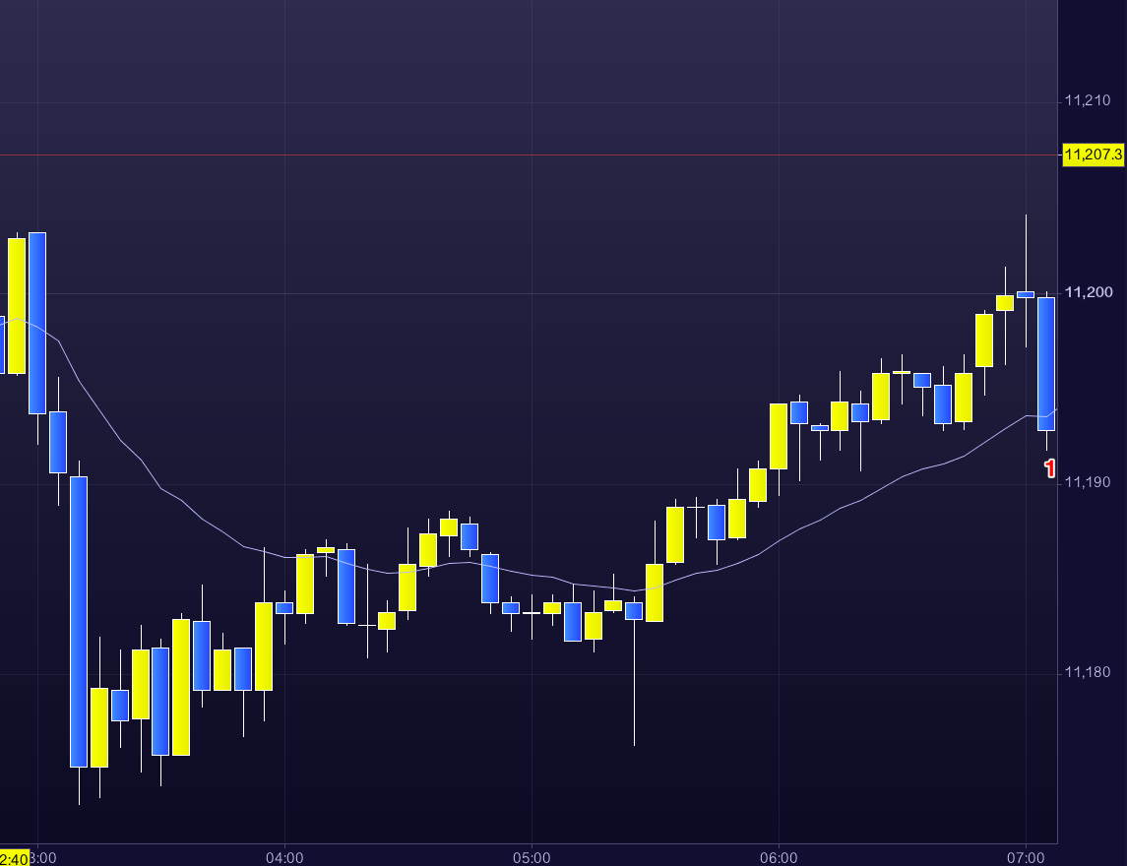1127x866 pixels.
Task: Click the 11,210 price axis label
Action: (1088, 101)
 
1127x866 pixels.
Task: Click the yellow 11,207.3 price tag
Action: (1093, 155)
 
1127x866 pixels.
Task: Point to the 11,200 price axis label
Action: (1088, 292)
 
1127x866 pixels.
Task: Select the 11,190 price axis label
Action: (1088, 482)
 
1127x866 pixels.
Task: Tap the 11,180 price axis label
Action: (1088, 673)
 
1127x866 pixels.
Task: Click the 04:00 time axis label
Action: (284, 857)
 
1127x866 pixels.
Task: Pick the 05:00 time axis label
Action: (532, 857)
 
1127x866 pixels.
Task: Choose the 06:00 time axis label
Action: (779, 857)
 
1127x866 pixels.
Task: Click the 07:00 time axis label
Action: (1026, 857)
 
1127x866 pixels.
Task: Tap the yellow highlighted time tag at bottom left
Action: (14, 857)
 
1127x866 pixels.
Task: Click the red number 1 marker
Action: (1050, 469)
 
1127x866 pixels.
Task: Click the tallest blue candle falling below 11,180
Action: (79, 620)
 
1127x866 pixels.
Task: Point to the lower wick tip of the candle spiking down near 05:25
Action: (634, 744)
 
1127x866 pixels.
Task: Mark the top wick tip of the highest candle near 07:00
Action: (1026, 216)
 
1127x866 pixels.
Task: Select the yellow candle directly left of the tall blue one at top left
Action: (17, 305)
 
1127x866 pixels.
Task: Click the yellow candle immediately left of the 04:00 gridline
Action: (264, 646)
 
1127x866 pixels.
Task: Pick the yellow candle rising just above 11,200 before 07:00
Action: (1005, 302)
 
